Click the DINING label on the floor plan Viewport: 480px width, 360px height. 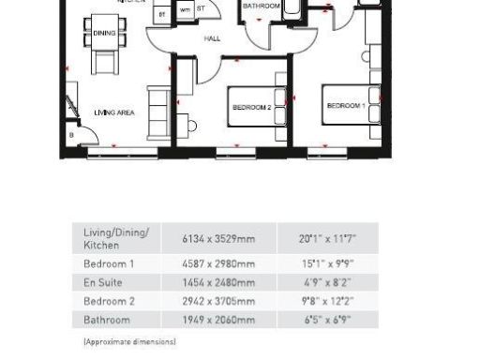[103, 32]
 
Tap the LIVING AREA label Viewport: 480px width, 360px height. [114, 112]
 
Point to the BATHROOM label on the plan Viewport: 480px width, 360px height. [262, 7]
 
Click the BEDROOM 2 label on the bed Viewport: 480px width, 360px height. [251, 108]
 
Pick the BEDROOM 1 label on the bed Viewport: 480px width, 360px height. [345, 106]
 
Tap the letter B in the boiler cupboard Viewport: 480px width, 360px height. [72, 135]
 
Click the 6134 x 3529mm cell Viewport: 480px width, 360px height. [218, 238]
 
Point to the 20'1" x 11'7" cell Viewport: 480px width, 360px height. [328, 238]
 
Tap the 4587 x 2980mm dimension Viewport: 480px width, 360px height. [218, 263]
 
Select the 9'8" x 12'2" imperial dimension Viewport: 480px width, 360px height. [328, 301]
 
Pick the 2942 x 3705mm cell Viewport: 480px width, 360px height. [218, 301]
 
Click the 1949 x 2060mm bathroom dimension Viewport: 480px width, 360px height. [218, 320]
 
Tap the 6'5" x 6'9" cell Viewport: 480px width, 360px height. [328, 320]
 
